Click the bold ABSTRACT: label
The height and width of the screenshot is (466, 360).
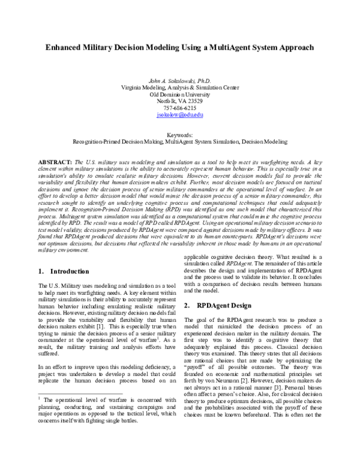55,163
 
